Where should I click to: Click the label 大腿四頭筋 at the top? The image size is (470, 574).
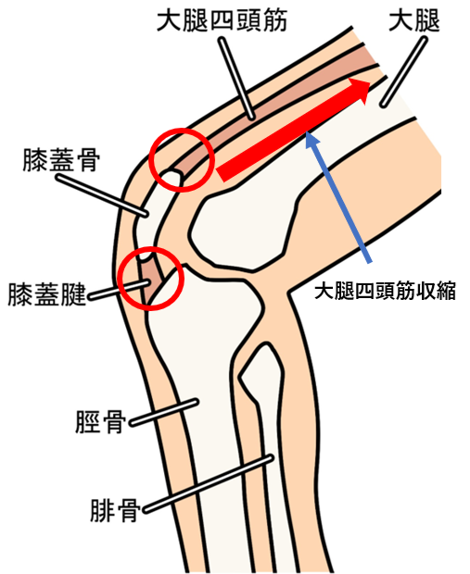click(222, 20)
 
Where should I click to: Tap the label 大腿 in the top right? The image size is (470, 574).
click(414, 20)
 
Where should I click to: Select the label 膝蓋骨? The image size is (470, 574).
click(61, 159)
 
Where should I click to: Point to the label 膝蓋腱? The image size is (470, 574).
click(46, 294)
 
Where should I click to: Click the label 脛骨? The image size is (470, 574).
click(100, 422)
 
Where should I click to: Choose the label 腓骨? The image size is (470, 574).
click(116, 510)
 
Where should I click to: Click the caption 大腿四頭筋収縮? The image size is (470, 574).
click(385, 292)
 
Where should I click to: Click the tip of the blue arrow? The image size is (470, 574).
click(307, 132)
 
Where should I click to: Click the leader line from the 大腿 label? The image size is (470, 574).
click(403, 72)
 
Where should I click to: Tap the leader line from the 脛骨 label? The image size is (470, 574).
click(164, 413)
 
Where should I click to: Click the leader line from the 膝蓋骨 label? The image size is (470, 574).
click(102, 195)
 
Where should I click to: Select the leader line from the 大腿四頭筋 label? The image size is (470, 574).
click(236, 78)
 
